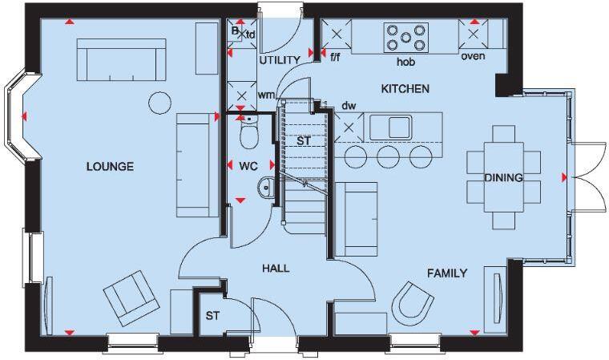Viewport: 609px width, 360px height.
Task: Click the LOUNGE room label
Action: tap(110, 167)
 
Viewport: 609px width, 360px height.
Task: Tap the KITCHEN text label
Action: tap(405, 88)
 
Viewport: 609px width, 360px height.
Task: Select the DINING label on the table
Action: tap(503, 178)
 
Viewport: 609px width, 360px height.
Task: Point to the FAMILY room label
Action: tap(446, 273)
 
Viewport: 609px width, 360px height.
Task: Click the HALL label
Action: tap(276, 269)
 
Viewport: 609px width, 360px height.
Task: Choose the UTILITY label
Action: tap(280, 60)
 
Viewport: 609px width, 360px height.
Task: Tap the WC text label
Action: tap(248, 167)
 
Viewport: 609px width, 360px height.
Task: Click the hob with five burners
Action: tap(405, 37)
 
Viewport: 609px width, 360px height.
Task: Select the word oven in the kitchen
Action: tap(473, 56)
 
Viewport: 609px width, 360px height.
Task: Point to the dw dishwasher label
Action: tap(349, 105)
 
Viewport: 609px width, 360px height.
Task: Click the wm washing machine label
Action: tap(265, 95)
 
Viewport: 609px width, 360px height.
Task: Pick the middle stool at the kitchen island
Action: tap(388, 156)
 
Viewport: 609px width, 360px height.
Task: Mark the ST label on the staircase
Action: tap(304, 141)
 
